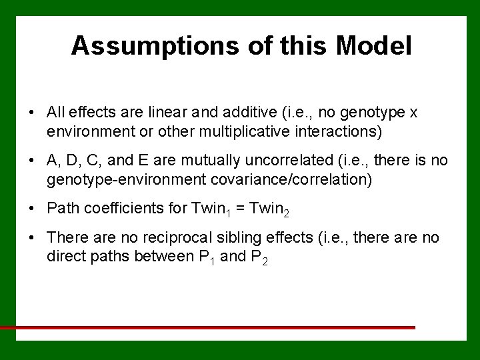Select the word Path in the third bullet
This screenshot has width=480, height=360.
coord(61,208)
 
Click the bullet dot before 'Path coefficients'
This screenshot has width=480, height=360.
coord(32,209)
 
